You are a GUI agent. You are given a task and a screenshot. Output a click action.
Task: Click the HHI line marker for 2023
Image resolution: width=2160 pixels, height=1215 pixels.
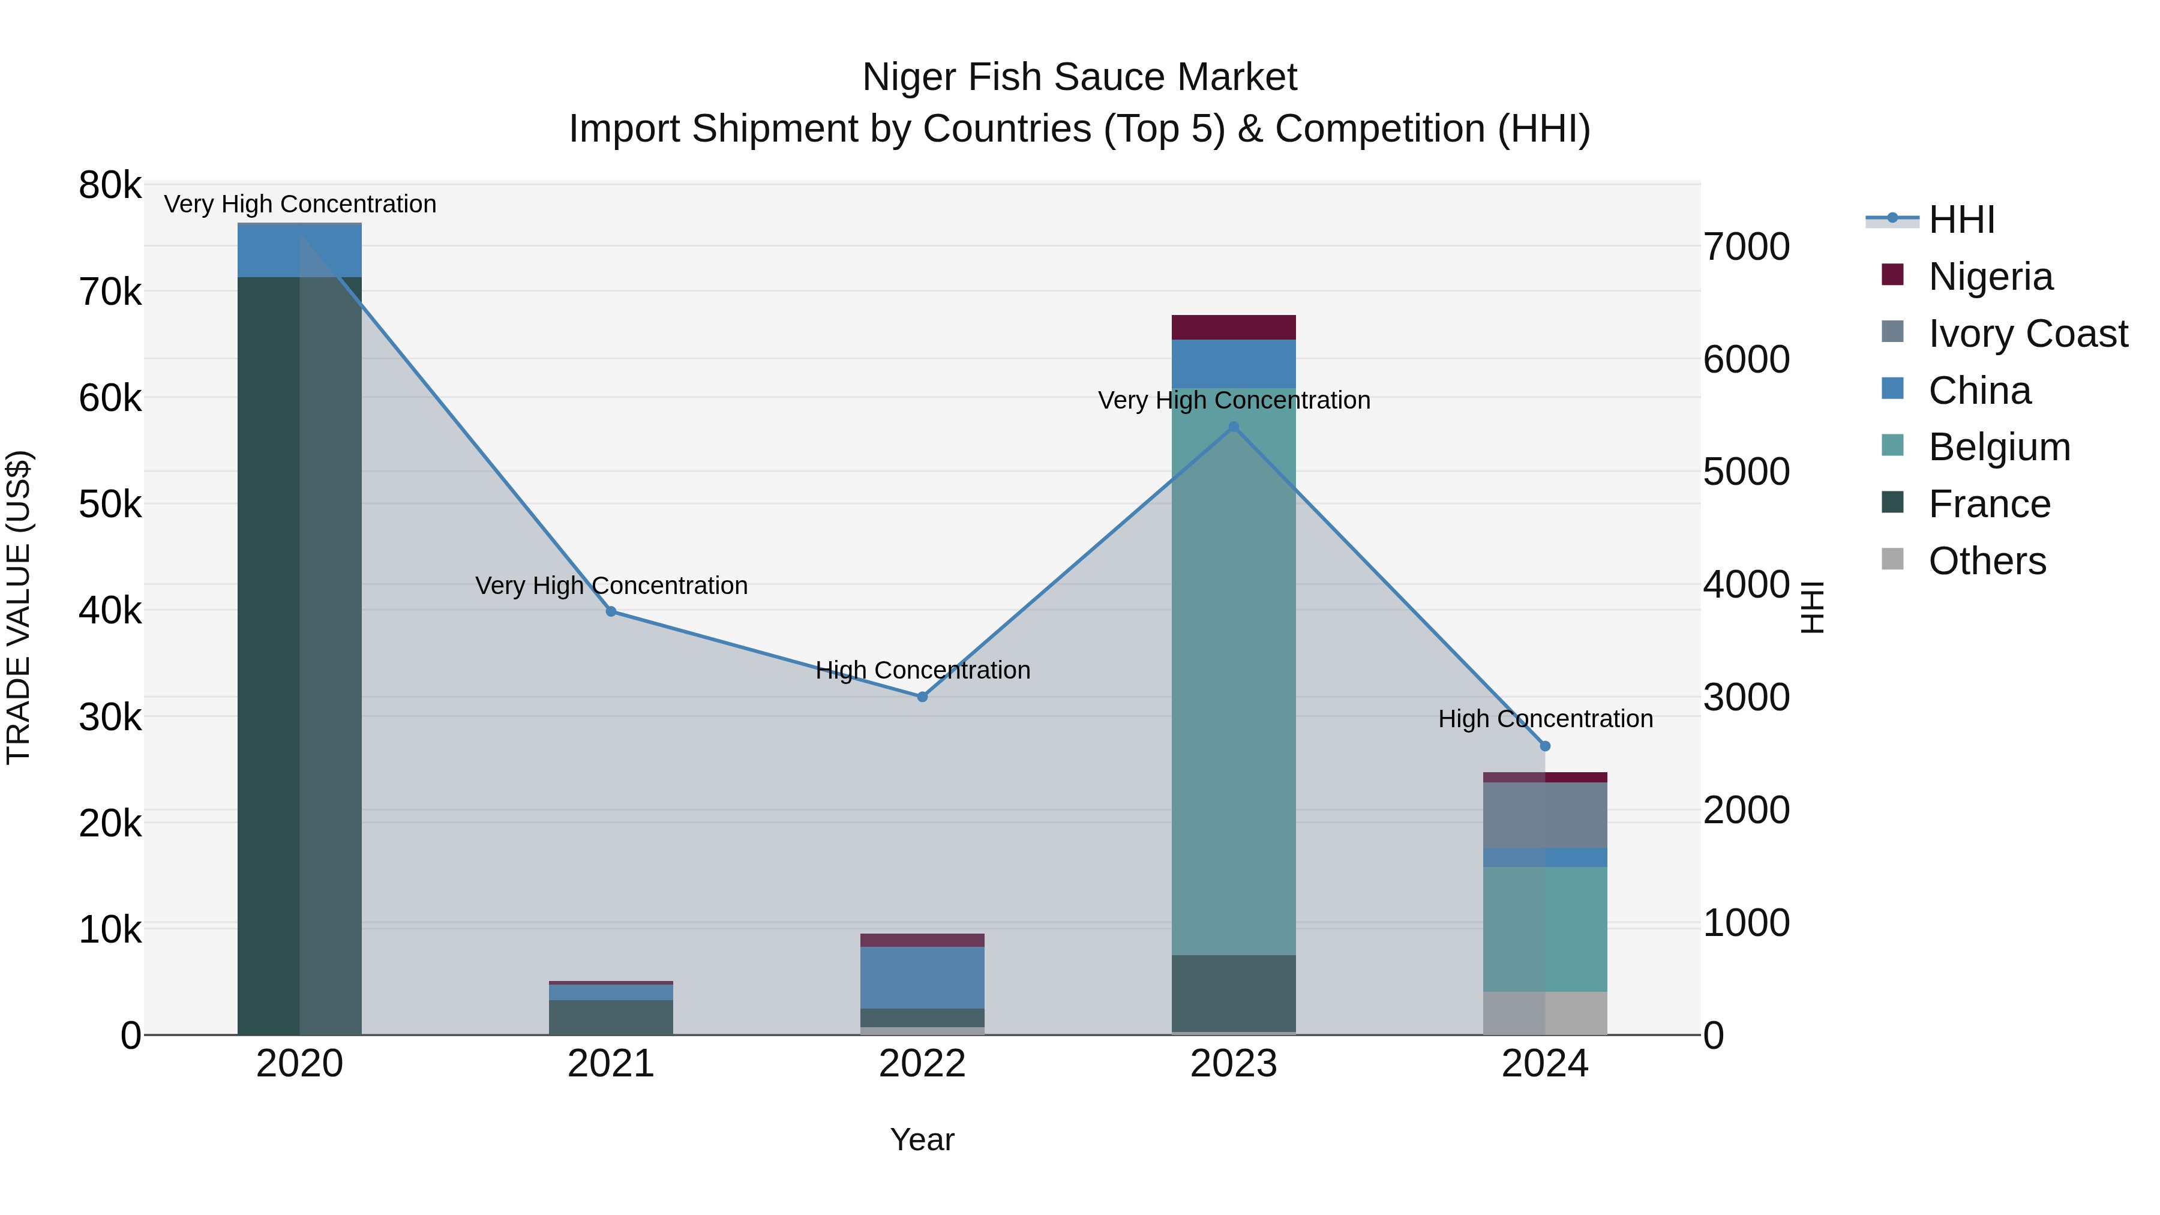click(1234, 427)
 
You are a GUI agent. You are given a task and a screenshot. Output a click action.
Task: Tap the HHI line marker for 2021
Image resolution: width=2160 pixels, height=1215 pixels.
click(611, 611)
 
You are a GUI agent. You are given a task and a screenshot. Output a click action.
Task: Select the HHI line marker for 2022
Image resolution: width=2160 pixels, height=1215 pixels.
click(922, 697)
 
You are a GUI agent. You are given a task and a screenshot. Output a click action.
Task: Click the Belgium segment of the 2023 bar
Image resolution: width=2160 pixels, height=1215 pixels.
click(1234, 671)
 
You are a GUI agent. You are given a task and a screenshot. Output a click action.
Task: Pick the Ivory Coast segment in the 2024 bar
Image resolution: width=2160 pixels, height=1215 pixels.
click(1546, 815)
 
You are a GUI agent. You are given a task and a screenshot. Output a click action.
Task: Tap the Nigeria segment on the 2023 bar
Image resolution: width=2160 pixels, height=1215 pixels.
click(1234, 327)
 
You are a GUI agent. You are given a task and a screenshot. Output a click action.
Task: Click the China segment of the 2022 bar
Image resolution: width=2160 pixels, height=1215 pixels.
click(922, 977)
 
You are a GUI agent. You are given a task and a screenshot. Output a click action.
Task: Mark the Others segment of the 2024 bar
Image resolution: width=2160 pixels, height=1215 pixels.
click(1546, 1013)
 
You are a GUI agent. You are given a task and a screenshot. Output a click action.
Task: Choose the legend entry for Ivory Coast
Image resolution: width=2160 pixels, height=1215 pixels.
click(2027, 334)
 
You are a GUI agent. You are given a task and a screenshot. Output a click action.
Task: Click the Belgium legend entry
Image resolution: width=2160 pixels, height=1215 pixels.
click(1999, 447)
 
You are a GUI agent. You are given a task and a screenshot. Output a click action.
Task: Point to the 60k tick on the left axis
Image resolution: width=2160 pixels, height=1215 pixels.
click(110, 398)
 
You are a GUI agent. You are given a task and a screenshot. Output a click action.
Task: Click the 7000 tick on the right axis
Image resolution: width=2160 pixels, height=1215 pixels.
click(1747, 247)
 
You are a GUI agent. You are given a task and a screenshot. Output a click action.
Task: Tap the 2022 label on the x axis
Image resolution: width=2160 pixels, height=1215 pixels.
click(922, 1064)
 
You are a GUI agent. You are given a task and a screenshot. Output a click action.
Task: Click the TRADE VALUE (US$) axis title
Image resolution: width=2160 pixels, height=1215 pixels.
click(19, 607)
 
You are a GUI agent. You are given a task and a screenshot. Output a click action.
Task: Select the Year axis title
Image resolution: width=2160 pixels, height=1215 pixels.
click(922, 1139)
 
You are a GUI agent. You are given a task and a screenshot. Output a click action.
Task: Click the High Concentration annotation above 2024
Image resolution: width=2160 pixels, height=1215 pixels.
click(1546, 719)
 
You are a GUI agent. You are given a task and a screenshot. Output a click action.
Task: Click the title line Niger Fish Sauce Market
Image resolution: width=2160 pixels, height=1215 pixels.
click(1079, 77)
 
